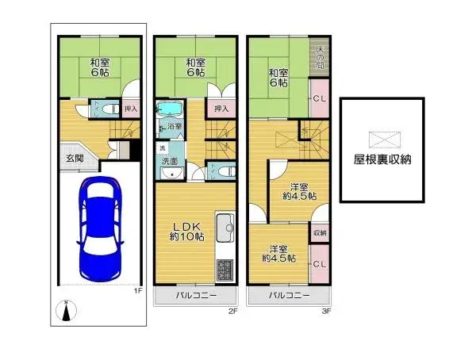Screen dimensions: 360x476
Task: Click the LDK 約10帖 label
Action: [x=187, y=230]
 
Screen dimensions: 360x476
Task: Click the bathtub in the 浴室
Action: [x=169, y=109]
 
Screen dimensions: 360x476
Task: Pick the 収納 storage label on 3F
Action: [x=319, y=232]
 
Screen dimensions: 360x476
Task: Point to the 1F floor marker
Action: [x=137, y=291]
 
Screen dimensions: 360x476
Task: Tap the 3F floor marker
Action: [x=325, y=311]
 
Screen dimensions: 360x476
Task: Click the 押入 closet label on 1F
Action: [x=131, y=109]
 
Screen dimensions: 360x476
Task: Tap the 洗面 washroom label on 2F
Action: [x=171, y=161]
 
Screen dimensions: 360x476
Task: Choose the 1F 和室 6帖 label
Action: [x=99, y=67]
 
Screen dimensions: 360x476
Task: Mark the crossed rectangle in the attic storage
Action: [x=376, y=136]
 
